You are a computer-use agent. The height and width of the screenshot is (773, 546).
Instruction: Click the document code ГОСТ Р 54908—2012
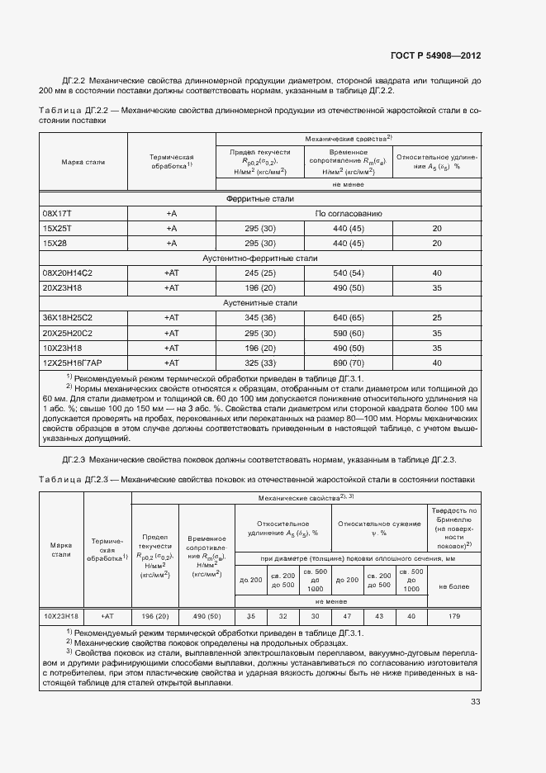coord(435,56)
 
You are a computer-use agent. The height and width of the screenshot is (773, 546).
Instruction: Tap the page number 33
coord(475,702)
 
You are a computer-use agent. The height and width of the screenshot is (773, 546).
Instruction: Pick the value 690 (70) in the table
coord(349,362)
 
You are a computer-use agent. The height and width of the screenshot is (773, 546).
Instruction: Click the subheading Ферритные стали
coord(260,199)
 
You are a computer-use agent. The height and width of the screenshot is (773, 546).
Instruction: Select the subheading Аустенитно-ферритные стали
coord(260,258)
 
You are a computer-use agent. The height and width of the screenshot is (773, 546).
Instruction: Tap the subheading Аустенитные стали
coord(260,302)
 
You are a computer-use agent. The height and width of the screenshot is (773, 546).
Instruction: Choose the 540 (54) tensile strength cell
coord(349,273)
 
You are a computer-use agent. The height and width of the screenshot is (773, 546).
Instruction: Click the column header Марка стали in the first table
coord(83,162)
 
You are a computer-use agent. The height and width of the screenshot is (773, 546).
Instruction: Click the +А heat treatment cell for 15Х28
coord(172,244)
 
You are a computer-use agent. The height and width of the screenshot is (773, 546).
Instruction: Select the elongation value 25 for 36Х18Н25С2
coord(437,317)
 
